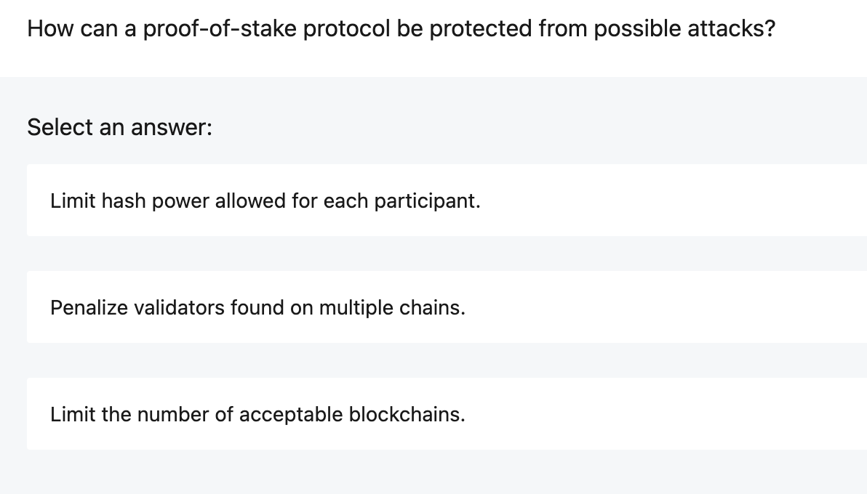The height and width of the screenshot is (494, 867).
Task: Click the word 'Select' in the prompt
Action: (60, 128)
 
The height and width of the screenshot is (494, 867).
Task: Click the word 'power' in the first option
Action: (180, 201)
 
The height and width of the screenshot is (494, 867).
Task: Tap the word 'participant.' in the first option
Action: (427, 201)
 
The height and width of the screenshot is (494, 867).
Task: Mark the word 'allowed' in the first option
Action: (250, 201)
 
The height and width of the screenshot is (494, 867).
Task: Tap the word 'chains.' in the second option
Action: (433, 308)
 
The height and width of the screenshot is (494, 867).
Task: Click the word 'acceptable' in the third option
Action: (291, 415)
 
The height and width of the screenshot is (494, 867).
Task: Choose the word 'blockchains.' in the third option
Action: (407, 415)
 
